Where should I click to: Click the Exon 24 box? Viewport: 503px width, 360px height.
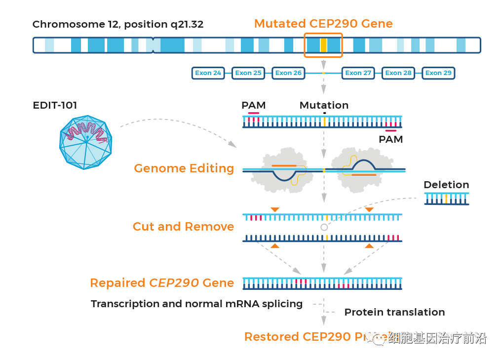tap(208, 73)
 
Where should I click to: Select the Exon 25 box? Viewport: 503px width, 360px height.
tap(248, 73)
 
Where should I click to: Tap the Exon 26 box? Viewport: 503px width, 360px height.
tap(288, 73)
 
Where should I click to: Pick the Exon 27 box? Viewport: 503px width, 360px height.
tap(358, 73)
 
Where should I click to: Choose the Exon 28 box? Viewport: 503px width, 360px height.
tap(398, 73)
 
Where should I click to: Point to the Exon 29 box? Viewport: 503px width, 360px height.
tap(438, 73)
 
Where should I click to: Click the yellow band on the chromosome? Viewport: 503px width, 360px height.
tap(323, 45)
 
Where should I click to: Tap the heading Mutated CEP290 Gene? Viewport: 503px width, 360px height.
tap(323, 24)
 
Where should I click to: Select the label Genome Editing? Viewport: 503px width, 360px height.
tap(184, 168)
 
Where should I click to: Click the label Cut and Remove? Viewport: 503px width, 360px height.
tap(183, 227)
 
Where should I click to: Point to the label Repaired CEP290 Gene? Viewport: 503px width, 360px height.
tap(162, 283)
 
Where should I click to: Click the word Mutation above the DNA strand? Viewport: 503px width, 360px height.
tap(324, 105)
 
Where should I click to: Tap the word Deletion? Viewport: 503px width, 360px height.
tap(446, 185)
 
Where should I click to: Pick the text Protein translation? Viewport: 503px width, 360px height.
tap(394, 312)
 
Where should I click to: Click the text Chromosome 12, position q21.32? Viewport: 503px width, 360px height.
tap(117, 24)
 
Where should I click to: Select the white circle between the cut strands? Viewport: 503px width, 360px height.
tap(324, 227)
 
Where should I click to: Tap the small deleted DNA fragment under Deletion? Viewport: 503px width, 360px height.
tap(446, 199)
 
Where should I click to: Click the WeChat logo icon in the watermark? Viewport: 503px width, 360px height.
tap(378, 337)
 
